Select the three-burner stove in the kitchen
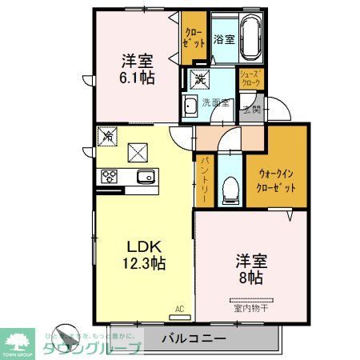(x=110, y=177)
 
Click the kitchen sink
(x=144, y=177)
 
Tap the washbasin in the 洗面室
(x=190, y=106)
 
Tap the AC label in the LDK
(x=179, y=307)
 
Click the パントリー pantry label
(x=204, y=178)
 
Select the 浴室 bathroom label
(x=223, y=39)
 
